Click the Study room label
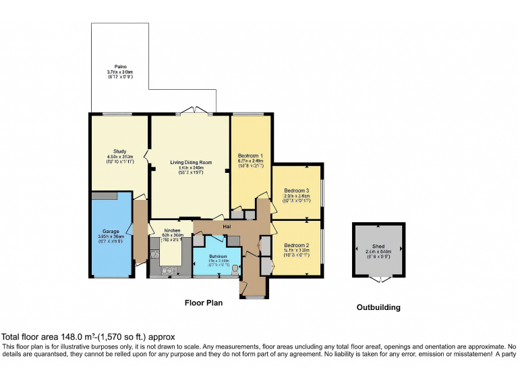coord(120,151)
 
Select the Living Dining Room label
coord(191,162)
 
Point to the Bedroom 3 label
coord(297,190)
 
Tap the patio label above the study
coord(121,67)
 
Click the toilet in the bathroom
coord(235,268)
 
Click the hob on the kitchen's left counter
coord(154,255)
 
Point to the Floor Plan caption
coord(204,303)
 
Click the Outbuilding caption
coord(378,307)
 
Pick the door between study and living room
coord(148,162)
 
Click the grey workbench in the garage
coord(105,195)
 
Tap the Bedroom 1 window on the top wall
coord(249,114)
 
